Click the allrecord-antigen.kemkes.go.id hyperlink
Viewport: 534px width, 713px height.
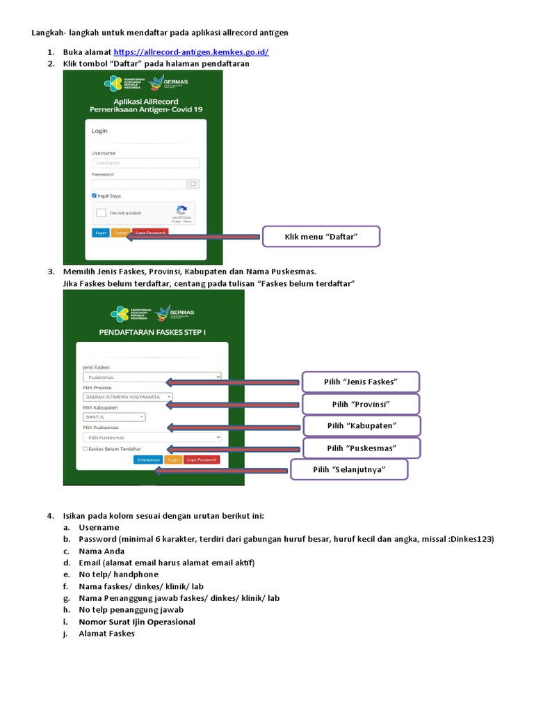point(191,52)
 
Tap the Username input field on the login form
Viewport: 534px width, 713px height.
point(145,163)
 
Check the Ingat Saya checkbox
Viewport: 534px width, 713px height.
point(95,196)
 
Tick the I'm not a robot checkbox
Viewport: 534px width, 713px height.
point(102,213)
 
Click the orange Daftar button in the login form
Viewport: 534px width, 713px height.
point(120,233)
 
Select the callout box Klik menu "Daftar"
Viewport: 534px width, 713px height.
point(321,237)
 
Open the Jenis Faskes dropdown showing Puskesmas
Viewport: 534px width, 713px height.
point(152,377)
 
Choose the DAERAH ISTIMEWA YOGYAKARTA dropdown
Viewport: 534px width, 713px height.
point(127,397)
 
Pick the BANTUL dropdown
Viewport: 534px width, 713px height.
point(114,417)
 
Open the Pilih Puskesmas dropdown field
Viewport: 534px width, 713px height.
point(152,437)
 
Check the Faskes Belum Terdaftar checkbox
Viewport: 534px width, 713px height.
point(85,449)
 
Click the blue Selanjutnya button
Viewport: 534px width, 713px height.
point(148,460)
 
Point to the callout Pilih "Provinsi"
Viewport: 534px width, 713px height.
point(360,404)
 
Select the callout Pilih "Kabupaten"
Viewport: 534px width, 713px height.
point(360,425)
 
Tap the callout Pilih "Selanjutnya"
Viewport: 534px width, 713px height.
point(349,469)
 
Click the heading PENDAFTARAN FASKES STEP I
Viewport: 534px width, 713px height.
point(153,332)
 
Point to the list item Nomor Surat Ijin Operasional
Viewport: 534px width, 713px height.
point(136,622)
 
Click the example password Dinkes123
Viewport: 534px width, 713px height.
point(471,540)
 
